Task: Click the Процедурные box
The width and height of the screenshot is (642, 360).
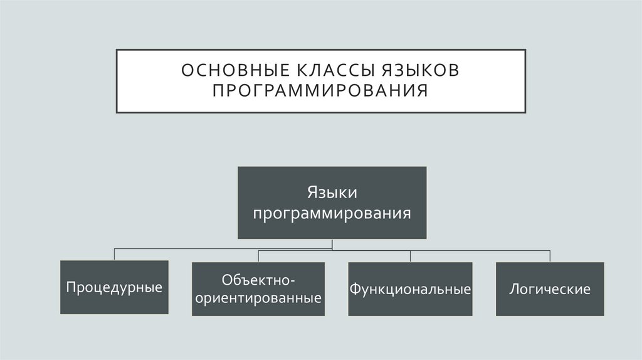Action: (x=114, y=287)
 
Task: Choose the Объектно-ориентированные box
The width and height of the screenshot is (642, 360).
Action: (x=258, y=289)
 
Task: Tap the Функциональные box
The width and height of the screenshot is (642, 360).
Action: (x=411, y=289)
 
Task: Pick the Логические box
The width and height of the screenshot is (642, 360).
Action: (x=550, y=289)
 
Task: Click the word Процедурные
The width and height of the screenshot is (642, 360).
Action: (x=114, y=288)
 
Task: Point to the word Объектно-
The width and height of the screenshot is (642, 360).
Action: (x=258, y=278)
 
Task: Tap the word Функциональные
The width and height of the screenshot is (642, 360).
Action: (x=411, y=290)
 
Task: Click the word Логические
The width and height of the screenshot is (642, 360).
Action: (x=550, y=290)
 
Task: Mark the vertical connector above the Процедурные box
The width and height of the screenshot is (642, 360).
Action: (x=114, y=254)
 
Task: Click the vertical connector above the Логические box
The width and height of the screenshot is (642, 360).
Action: (x=550, y=255)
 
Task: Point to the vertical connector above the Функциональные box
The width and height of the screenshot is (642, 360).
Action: (x=411, y=255)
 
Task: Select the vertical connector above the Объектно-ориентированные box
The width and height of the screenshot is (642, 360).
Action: (x=258, y=255)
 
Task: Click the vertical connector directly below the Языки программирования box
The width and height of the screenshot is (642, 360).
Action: (x=332, y=243)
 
